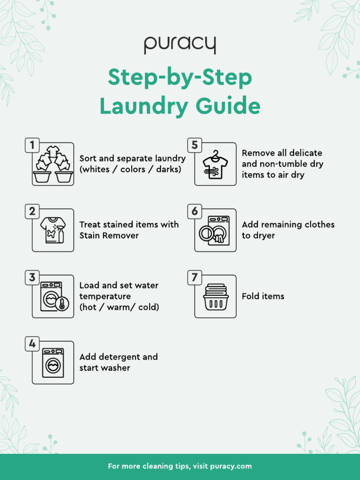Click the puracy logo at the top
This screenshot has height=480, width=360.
pos(180,45)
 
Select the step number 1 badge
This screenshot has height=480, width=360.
pos(32,145)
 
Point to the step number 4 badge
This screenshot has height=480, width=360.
pos(32,344)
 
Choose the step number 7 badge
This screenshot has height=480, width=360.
pos(195,277)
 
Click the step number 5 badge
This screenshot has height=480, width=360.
pos(195,145)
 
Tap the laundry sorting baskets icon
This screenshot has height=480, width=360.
pos(53,165)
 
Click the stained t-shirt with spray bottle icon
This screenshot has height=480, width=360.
pos(53,230)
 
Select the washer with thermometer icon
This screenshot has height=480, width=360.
pos(53,296)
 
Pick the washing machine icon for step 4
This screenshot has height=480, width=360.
pos(53,363)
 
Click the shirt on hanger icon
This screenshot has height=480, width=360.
pos(215,165)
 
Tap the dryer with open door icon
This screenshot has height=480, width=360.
pos(215,230)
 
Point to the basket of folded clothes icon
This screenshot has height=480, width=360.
pos(215,296)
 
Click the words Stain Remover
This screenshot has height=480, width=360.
pos(109,235)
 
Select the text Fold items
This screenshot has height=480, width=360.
pos(263,296)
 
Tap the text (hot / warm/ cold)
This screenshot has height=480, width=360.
pos(119,307)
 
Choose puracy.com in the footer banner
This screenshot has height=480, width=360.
pos(231,466)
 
